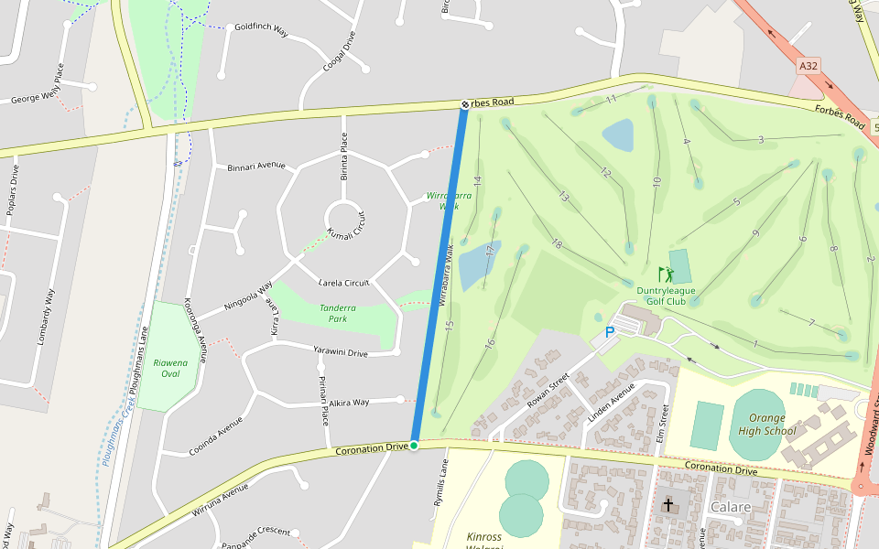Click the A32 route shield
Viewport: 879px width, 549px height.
pos(808,66)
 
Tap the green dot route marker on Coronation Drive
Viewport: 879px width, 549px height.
pos(414,446)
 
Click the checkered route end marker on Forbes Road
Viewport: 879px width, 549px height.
pos(464,104)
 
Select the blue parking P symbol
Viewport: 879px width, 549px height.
pos(609,333)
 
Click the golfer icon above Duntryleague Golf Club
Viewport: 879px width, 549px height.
pos(666,274)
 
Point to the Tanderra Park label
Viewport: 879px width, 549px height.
pos(338,314)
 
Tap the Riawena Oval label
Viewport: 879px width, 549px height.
pos(171,368)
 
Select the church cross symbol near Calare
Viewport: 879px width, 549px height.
pos(668,505)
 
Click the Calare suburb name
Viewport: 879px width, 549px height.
pos(730,507)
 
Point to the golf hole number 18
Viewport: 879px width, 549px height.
pos(557,243)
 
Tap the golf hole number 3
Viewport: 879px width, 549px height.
pos(761,140)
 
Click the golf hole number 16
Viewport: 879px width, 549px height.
pos(490,344)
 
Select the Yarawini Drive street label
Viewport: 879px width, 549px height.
pos(341,352)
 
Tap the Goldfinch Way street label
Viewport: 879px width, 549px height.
pos(261,30)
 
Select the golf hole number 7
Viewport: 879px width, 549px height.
pos(811,323)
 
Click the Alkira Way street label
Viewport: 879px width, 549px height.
pos(349,402)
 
